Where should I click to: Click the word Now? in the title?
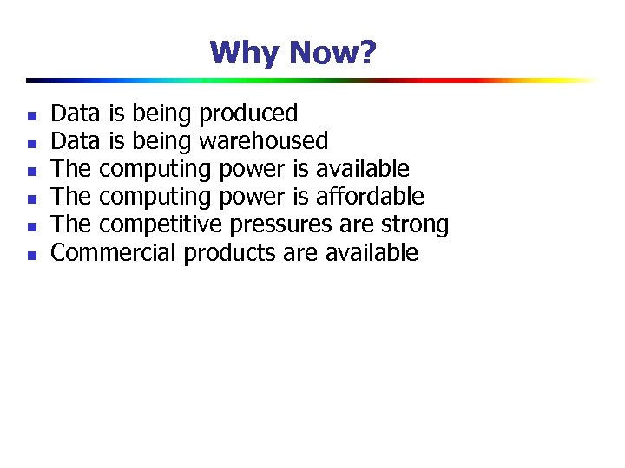click(x=332, y=54)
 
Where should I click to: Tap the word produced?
click(x=248, y=114)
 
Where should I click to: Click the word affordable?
click(x=374, y=197)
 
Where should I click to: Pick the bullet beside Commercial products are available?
click(x=30, y=255)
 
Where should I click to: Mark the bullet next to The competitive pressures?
click(x=30, y=227)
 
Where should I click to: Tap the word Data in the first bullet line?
click(x=76, y=114)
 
